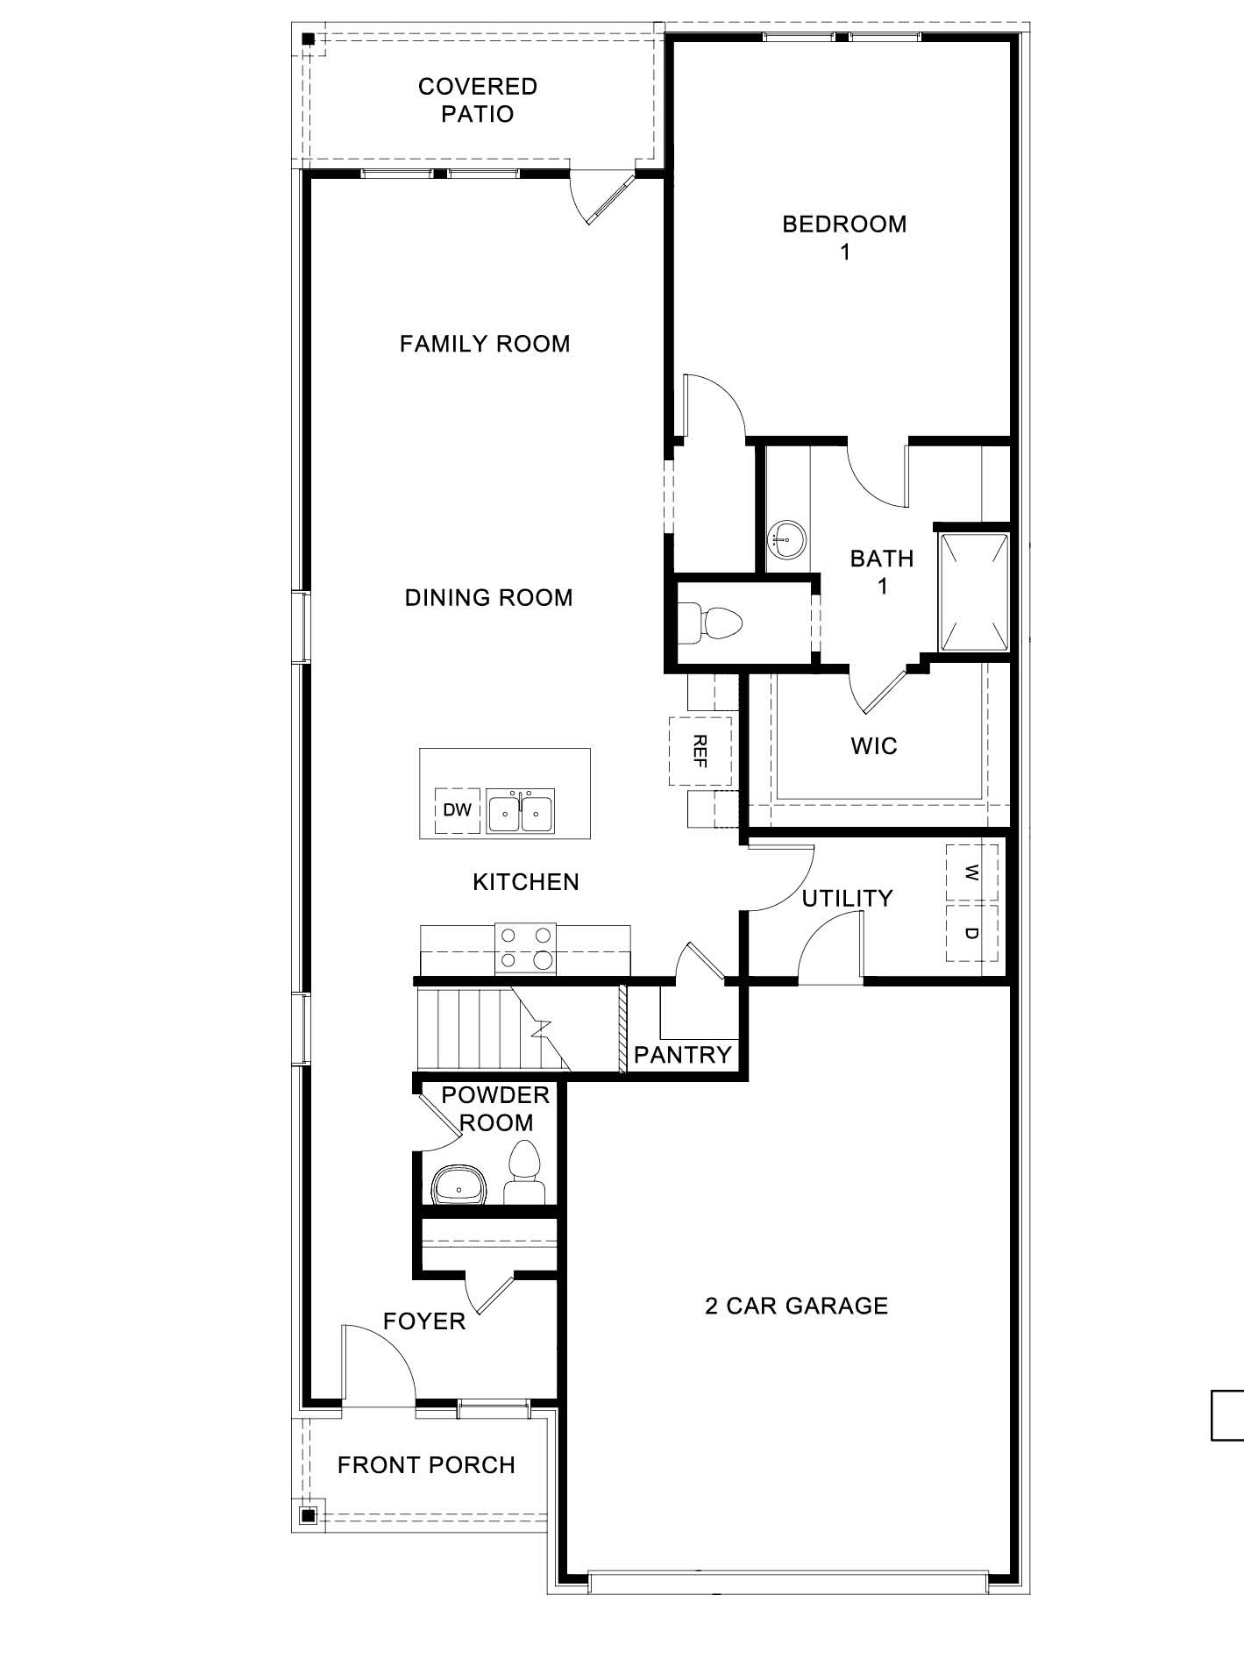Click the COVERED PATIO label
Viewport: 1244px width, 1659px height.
pos(478,100)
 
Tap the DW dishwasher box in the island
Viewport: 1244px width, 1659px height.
pos(457,810)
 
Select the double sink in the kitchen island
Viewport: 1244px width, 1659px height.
pos(521,811)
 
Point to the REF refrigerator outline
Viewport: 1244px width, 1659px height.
pos(700,751)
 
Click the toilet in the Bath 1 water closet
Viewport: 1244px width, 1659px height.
pos(711,623)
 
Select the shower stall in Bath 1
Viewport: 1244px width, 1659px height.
pos(974,591)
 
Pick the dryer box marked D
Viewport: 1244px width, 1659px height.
pos(971,933)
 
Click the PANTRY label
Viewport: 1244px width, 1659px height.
pos(682,1055)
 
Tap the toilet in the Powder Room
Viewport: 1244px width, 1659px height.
pos(524,1173)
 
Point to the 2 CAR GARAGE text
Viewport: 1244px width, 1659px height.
pos(796,1306)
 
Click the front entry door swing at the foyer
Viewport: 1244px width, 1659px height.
pos(377,1364)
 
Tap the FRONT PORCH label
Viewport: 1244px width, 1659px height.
pos(426,1465)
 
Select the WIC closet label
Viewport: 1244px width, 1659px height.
pos(873,746)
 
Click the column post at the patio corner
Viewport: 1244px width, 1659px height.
pos(309,39)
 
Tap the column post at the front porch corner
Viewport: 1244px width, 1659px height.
pos(307,1514)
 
